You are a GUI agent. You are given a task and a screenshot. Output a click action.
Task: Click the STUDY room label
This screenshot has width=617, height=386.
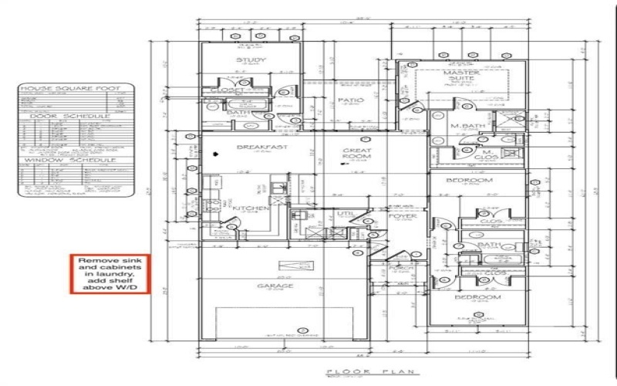coord(250,60)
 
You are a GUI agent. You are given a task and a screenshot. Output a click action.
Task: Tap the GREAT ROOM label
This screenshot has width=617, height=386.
coord(357,151)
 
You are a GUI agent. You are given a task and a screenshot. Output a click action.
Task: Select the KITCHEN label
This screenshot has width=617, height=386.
coord(251,208)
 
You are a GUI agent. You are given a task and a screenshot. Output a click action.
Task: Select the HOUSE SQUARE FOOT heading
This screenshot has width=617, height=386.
coord(74,90)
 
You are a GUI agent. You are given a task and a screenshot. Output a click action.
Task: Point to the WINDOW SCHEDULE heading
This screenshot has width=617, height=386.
coord(74,160)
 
